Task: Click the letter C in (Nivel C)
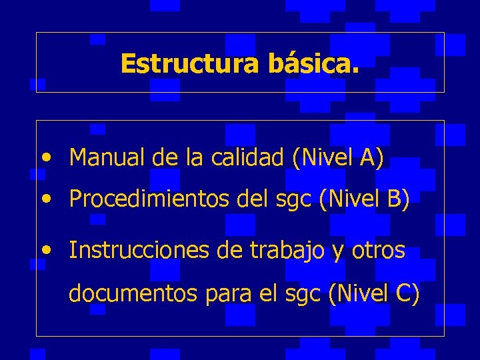coord(403,294)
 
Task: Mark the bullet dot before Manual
coord(45,159)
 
